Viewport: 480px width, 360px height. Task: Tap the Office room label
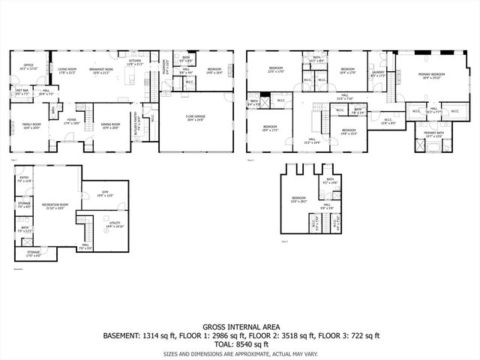28,66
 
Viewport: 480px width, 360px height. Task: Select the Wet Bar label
22,92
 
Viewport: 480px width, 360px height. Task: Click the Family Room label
31,126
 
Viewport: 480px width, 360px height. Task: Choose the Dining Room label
110,125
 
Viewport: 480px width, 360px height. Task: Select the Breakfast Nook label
103,70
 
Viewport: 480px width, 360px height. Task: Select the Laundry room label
377,73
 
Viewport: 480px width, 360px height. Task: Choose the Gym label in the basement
105,194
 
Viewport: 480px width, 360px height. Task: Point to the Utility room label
114,224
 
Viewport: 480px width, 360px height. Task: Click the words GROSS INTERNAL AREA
240,327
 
